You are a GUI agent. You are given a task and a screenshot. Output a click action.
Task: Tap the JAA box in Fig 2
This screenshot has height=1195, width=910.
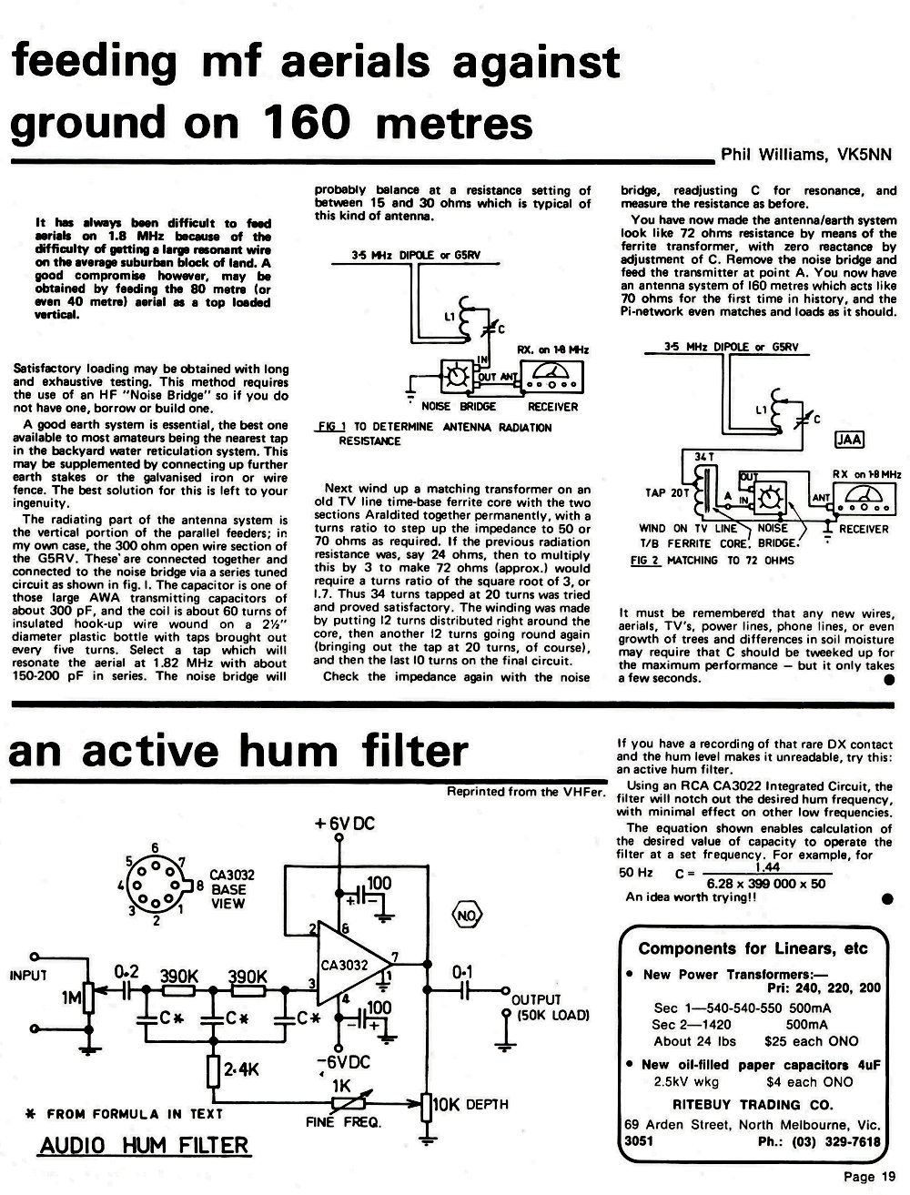pyautogui.click(x=850, y=440)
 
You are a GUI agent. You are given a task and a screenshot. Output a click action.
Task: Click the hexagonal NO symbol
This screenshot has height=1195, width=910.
pyautogui.click(x=467, y=916)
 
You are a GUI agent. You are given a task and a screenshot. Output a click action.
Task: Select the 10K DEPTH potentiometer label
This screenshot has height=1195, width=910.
pyautogui.click(x=470, y=1104)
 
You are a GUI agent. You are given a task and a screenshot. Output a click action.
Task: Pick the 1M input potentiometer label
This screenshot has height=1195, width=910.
pyautogui.click(x=71, y=998)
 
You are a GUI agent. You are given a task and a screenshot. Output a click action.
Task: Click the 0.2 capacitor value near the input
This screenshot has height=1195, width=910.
pyautogui.click(x=126, y=972)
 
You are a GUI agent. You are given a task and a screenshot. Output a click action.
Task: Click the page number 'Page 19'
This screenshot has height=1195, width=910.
pyautogui.click(x=869, y=1177)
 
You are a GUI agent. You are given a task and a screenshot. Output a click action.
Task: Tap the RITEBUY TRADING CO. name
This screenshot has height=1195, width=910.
pyautogui.click(x=753, y=1105)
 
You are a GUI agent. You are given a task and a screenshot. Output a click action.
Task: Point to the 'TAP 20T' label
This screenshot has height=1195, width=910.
pyautogui.click(x=667, y=492)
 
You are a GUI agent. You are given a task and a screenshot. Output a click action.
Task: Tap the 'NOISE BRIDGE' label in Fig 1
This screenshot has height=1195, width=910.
pyautogui.click(x=459, y=407)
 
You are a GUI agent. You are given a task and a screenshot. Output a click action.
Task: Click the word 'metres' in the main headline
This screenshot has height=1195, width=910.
pyautogui.click(x=454, y=123)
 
